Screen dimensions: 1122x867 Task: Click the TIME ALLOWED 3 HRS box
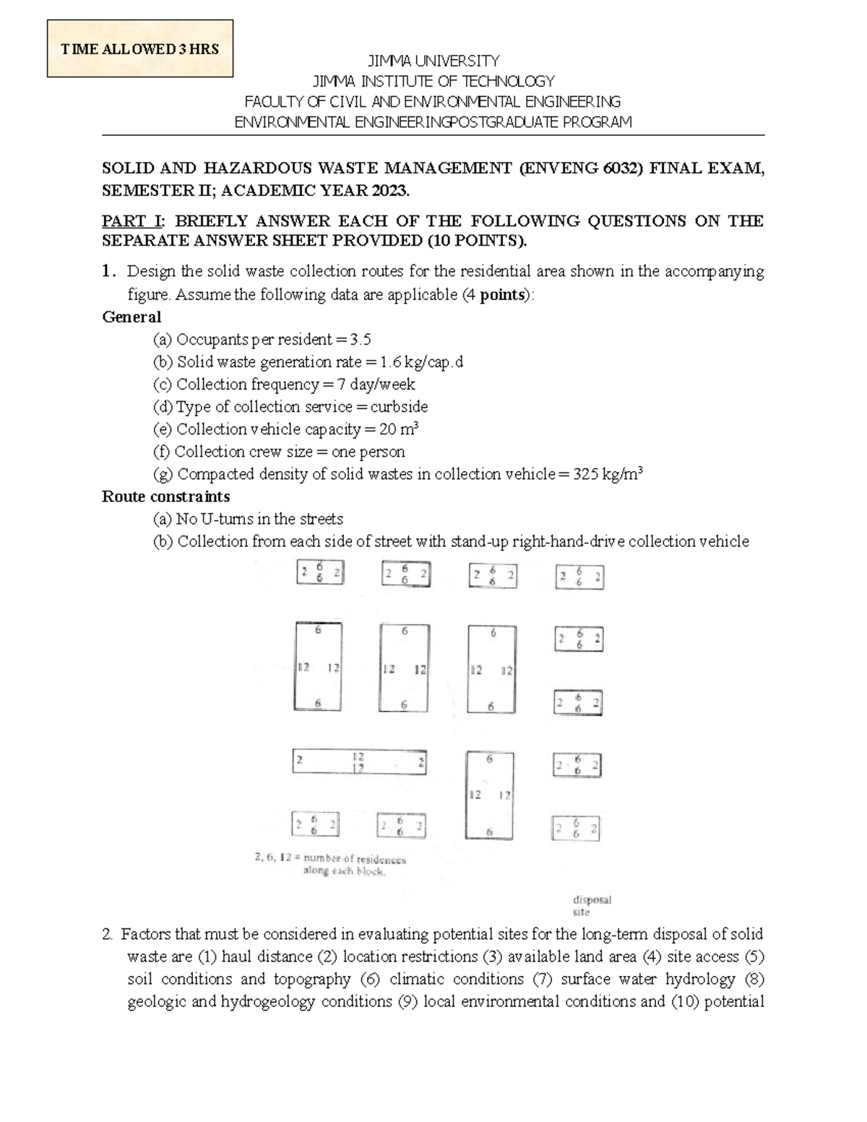(x=139, y=49)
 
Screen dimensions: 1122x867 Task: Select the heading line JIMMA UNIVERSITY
(x=433, y=61)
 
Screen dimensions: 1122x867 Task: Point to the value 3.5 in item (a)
(x=360, y=340)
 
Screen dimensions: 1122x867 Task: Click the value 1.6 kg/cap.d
(x=421, y=362)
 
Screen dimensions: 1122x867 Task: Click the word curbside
(x=399, y=407)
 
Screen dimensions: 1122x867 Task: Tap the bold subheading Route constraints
(x=165, y=497)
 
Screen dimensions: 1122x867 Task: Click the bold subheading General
(x=131, y=317)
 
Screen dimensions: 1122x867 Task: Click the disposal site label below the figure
(x=592, y=906)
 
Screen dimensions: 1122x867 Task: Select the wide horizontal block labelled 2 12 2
(x=358, y=761)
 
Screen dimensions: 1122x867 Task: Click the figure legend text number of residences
(x=354, y=859)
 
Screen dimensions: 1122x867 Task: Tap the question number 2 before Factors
(x=107, y=934)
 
